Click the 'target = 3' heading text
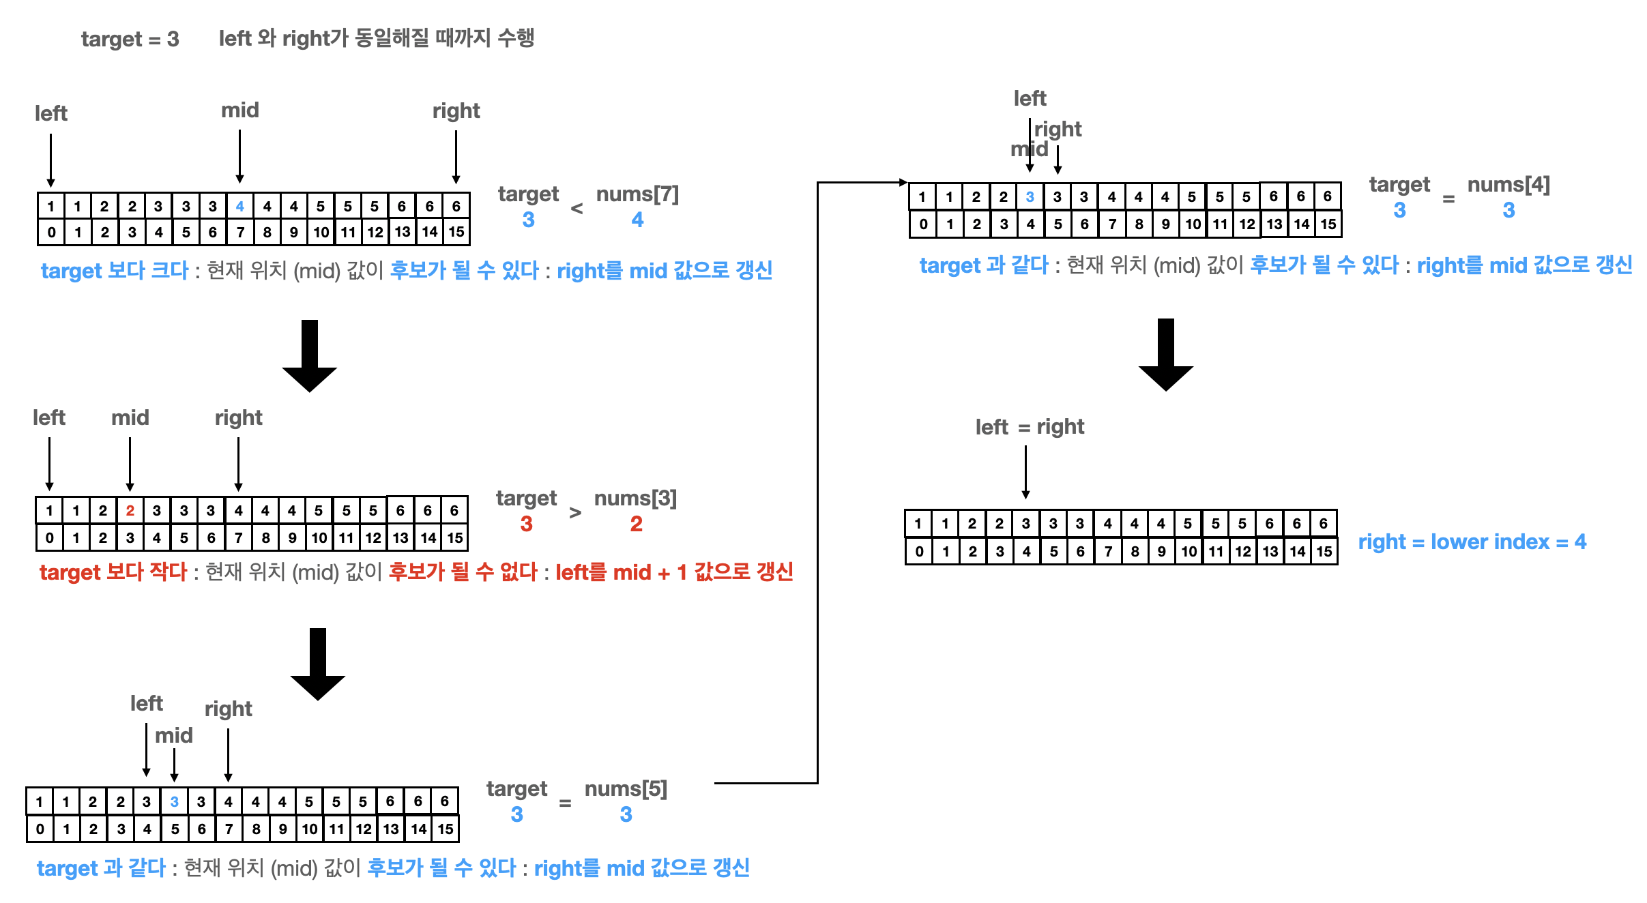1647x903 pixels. pos(130,39)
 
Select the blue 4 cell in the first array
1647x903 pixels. pos(239,206)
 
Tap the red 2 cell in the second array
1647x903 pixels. pos(130,510)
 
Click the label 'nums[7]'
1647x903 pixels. pos(637,194)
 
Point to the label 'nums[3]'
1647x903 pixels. pos(635,499)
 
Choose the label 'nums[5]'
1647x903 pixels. pos(626,789)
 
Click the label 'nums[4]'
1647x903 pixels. pos(1508,185)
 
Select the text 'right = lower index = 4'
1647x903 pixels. pos(1472,542)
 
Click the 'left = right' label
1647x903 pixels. pos(1029,427)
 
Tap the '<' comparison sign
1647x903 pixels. pos(577,209)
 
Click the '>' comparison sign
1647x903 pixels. pos(575,512)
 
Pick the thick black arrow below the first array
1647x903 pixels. pos(310,355)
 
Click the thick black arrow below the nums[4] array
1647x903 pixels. pos(1165,353)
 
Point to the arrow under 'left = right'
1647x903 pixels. pos(1025,472)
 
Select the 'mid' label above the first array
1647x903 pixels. pos(240,110)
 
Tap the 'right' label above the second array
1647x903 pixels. pos(238,417)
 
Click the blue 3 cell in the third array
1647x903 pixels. pos(174,801)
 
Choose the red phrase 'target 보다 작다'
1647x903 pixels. pos(113,572)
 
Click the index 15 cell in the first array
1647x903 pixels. pos(456,232)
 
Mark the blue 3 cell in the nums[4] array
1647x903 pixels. pos(1030,197)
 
